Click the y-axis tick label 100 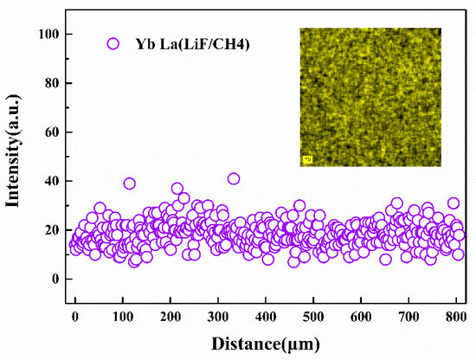pyautogui.click(x=48, y=34)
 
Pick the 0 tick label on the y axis pyautogui.click(x=55, y=279)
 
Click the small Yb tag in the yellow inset pyautogui.click(x=307, y=159)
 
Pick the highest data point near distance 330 pyautogui.click(x=234, y=178)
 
